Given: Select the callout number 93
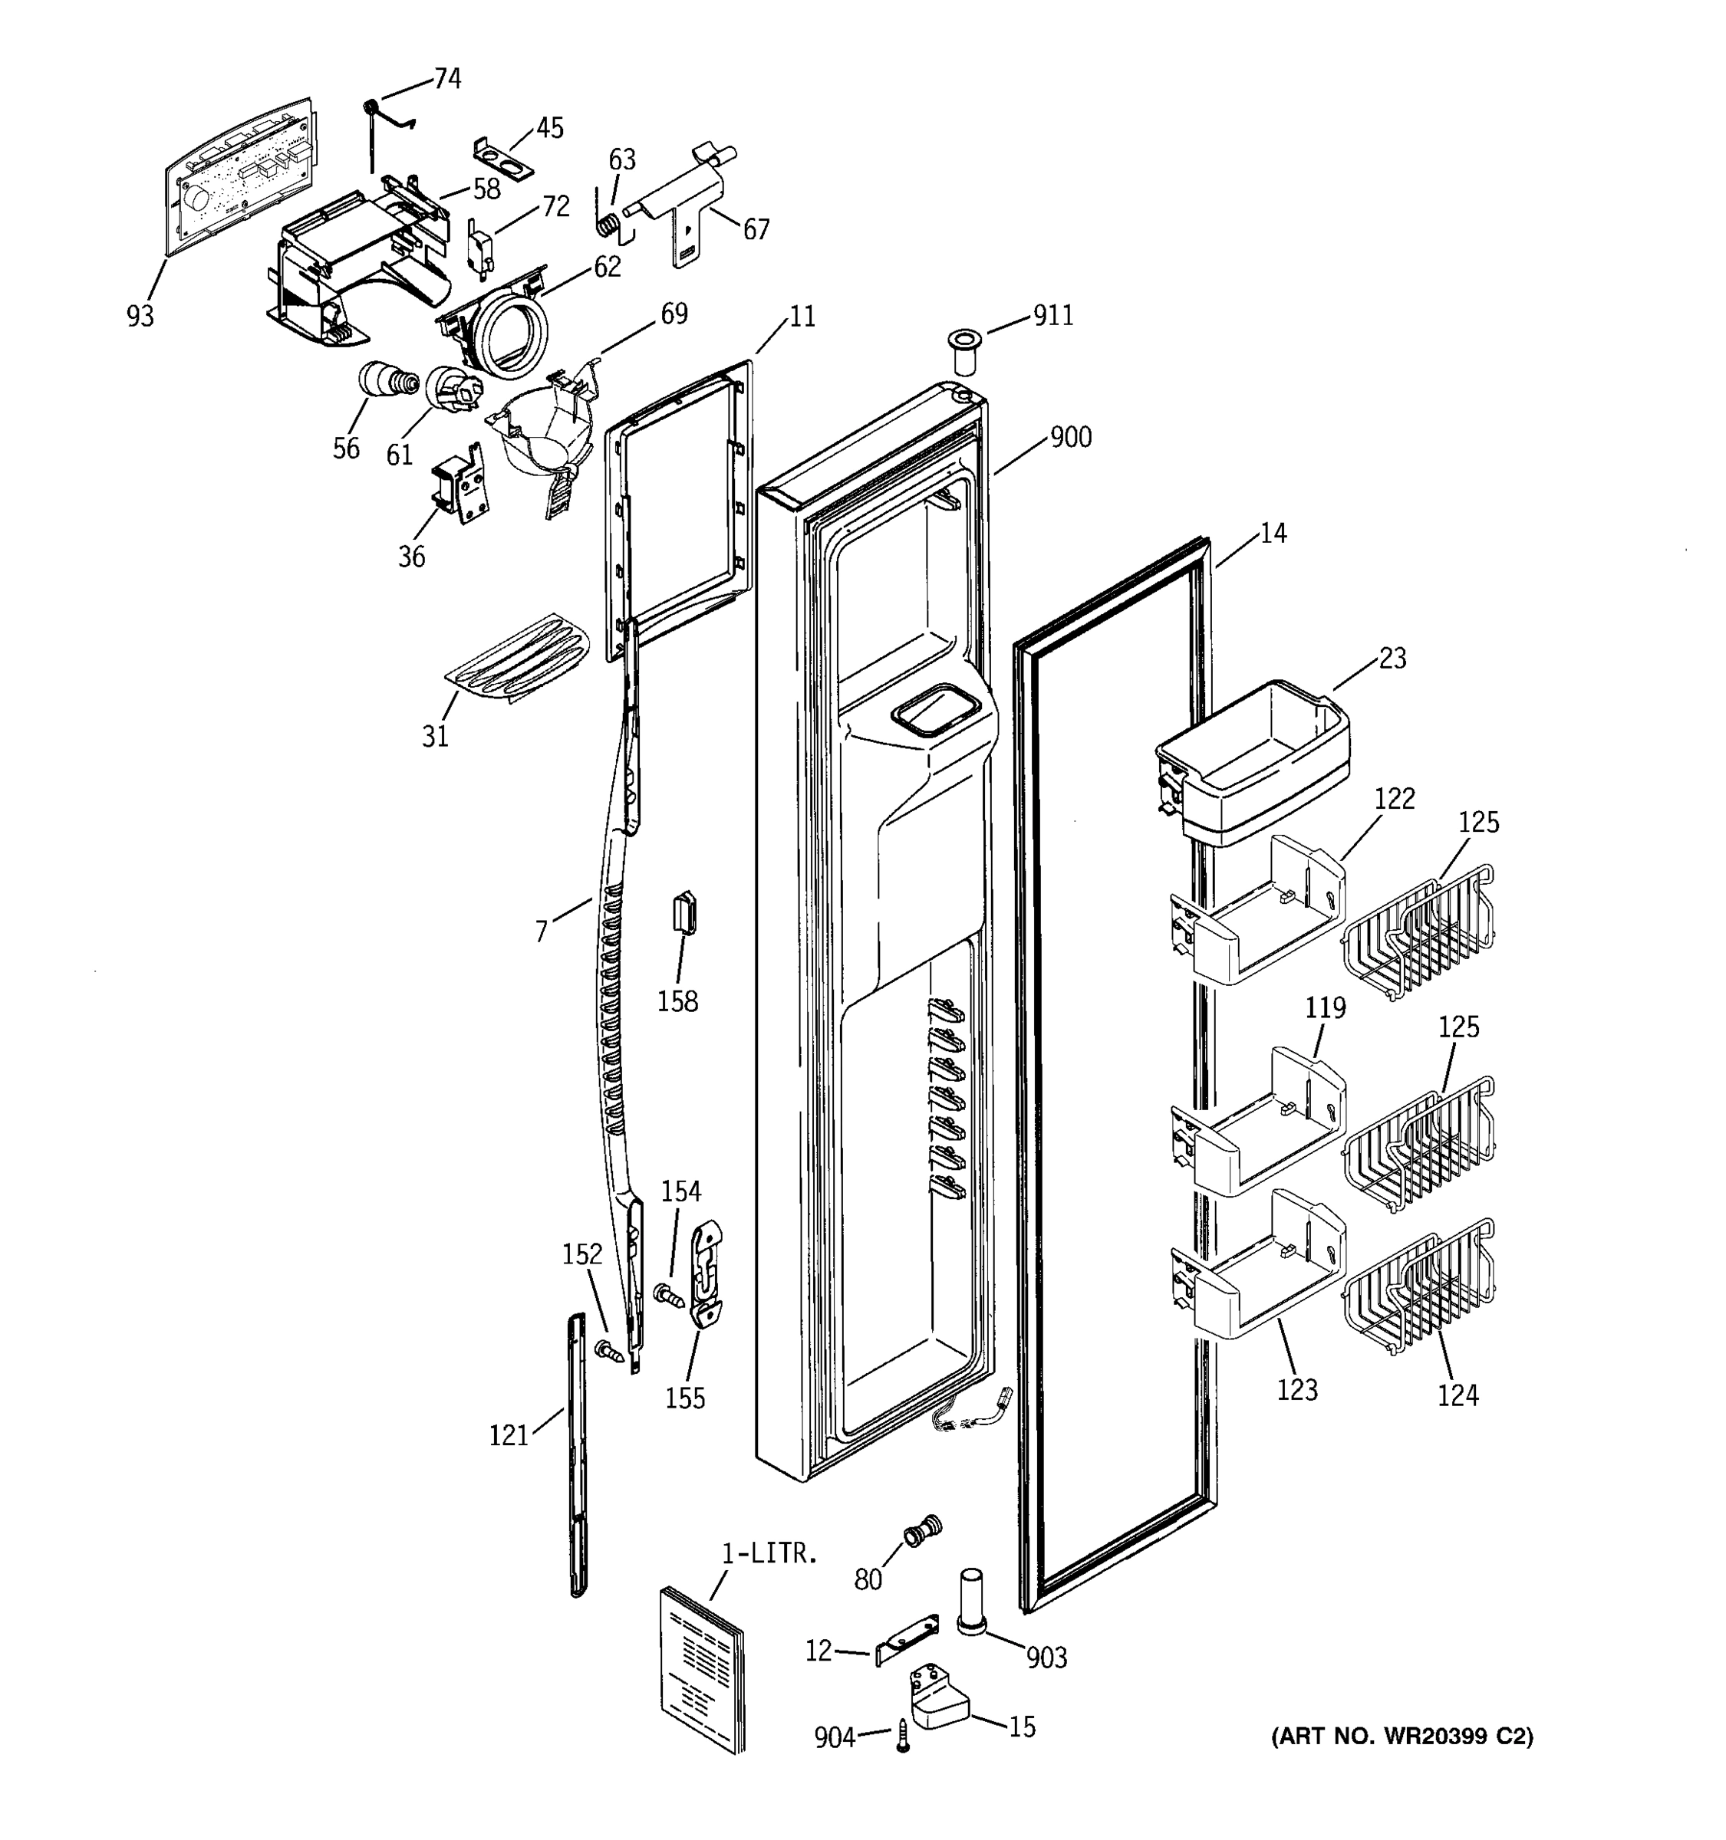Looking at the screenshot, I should point(140,317).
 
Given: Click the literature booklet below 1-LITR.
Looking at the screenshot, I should point(702,1667).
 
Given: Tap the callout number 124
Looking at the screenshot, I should point(1458,1395).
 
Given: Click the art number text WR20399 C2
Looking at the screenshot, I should point(1401,1737).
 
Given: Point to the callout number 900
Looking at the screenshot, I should point(1070,437).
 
